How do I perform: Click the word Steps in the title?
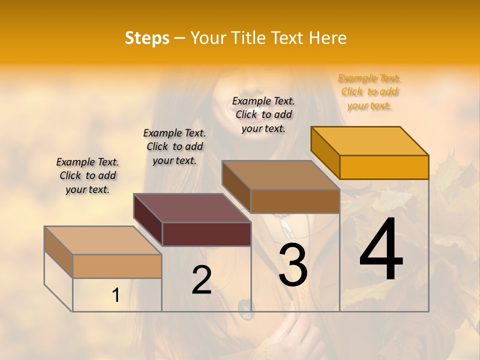(147, 38)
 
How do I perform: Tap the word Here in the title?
(327, 38)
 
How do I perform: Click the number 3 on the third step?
(292, 265)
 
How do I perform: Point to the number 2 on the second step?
(201, 280)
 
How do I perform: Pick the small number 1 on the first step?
(116, 295)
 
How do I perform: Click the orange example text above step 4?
(369, 92)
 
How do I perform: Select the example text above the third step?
(263, 114)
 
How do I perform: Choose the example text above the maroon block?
(174, 146)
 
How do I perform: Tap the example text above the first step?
(87, 175)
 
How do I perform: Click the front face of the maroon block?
(206, 234)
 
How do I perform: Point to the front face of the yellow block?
(384, 167)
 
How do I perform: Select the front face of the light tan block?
(117, 266)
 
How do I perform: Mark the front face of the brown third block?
(295, 201)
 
